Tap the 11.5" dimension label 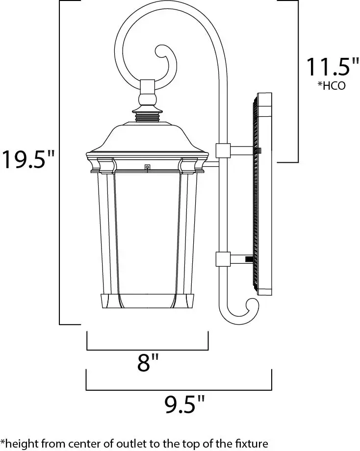333,67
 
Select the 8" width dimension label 148,362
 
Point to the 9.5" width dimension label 184,404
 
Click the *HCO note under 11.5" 332,86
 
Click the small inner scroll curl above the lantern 166,62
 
